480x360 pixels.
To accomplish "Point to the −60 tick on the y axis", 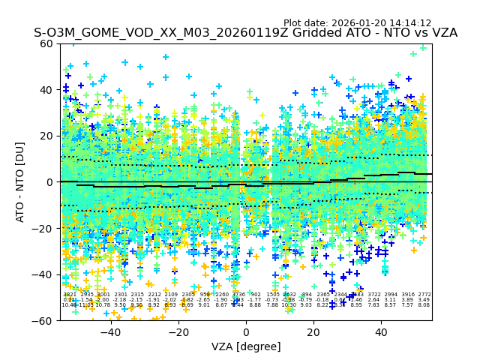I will (x=46, y=321).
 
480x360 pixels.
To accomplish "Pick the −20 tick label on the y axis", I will (x=46, y=228).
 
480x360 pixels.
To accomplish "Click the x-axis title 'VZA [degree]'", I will (x=246, y=346).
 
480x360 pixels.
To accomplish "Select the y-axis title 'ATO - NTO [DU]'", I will (x=21, y=182).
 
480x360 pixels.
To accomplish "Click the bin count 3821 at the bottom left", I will (x=69, y=295).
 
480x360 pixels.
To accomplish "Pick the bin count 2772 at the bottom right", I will (x=424, y=295).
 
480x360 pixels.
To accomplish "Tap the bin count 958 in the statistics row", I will (x=205, y=295).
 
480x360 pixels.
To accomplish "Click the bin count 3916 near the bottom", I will (x=407, y=295).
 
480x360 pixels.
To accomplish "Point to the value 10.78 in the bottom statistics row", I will (x=103, y=305).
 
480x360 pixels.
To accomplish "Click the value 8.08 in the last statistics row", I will (x=424, y=305).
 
